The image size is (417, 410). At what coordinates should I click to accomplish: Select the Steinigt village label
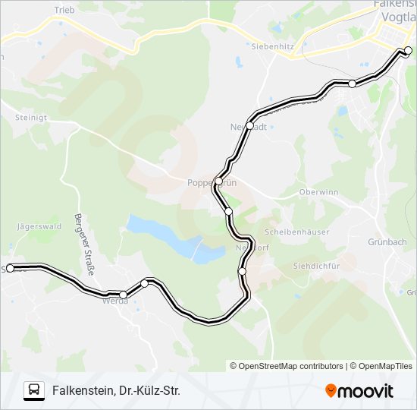coord(30,117)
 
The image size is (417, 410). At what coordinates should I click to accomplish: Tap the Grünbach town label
coord(390,242)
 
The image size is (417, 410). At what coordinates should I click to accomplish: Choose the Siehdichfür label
coord(313,266)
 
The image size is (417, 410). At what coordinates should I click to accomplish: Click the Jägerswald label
coord(39,226)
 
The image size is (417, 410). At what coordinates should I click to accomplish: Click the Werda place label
coord(115,301)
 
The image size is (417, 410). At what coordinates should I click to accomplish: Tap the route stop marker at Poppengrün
coord(218,181)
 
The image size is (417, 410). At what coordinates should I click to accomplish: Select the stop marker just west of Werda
coord(123,295)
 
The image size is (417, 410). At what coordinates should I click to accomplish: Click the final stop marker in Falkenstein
coord(408,51)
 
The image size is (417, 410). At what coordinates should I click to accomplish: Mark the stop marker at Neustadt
coord(249,126)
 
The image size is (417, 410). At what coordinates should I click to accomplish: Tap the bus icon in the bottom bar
coord(33,391)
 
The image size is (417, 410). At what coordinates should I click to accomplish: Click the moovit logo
coord(359,391)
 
